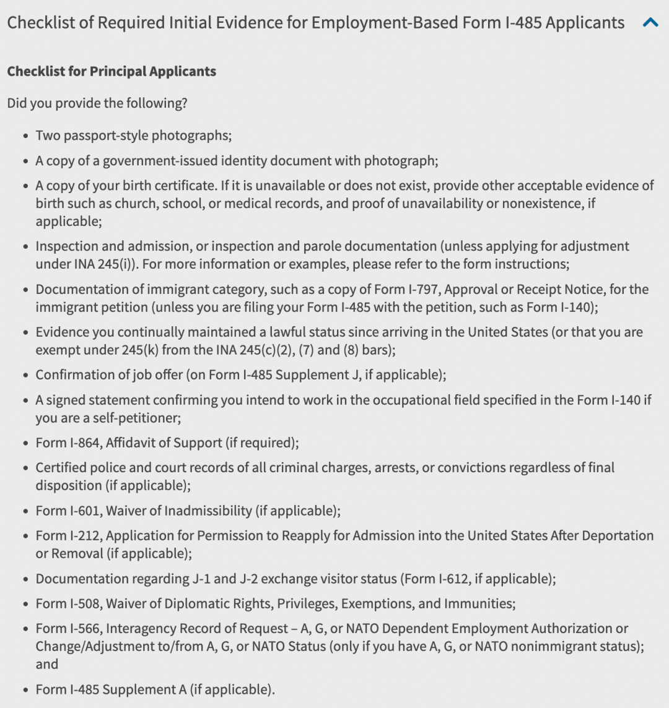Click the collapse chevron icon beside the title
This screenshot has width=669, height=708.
(650, 24)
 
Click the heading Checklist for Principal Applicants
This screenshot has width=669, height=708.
(111, 71)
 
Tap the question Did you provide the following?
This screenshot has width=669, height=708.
(97, 103)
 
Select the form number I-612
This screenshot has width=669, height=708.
(455, 579)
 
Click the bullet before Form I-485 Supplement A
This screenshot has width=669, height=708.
(24, 691)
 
